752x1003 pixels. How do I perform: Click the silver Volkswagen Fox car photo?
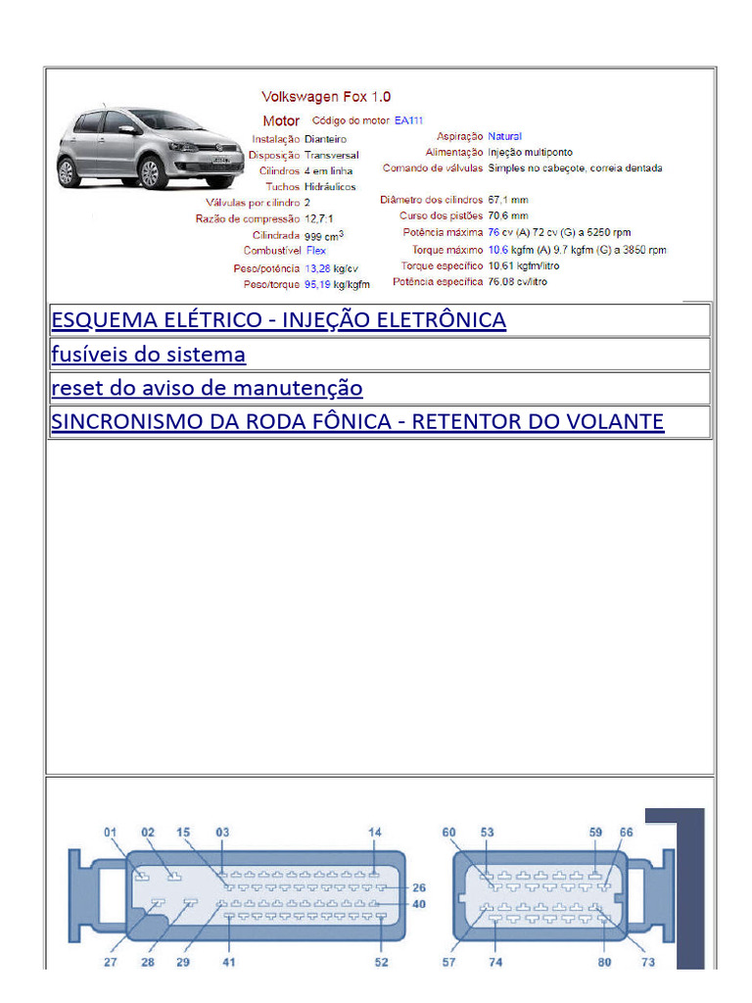[x=150, y=148]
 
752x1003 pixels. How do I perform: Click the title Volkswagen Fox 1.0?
[x=326, y=97]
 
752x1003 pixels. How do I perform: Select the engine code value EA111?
[x=410, y=120]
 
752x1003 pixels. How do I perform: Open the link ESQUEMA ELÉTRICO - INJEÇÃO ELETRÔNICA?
[x=278, y=320]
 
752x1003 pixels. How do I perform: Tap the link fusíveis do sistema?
[x=148, y=354]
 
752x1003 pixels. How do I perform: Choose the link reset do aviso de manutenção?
[x=207, y=388]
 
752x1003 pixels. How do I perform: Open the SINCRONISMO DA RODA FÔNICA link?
[x=357, y=422]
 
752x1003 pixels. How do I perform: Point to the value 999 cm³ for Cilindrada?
[x=324, y=236]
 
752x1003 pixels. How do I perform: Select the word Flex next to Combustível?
[x=316, y=251]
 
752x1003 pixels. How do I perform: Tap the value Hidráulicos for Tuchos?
[x=330, y=186]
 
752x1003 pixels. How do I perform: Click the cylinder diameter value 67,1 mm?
[x=508, y=200]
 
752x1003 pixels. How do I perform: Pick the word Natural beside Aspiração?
[x=505, y=136]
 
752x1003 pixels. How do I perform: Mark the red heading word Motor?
[x=281, y=121]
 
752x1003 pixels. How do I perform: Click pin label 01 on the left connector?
[x=111, y=833]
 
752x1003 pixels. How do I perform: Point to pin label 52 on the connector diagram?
[x=381, y=962]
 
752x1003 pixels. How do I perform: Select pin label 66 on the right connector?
[x=626, y=833]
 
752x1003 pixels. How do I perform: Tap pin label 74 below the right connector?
[x=495, y=962]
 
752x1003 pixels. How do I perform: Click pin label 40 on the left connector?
[x=419, y=904]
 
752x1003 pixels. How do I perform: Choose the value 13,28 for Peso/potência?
[x=318, y=268]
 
